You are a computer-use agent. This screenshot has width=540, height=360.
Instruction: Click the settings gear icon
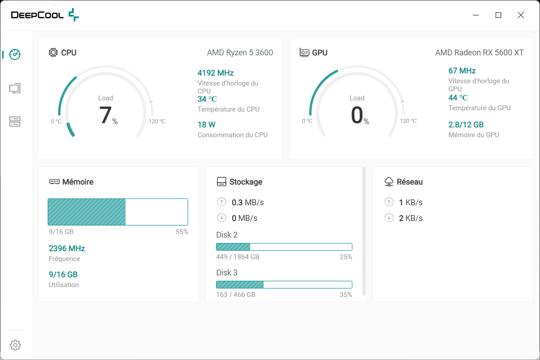(15, 345)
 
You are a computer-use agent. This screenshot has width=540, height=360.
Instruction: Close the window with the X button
(521, 15)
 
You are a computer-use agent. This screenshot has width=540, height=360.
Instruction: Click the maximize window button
(498, 15)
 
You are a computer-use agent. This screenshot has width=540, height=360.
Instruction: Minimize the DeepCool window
(476, 15)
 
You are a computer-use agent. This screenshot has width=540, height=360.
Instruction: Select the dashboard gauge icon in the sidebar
(15, 54)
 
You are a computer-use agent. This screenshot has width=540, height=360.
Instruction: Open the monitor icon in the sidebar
(15, 88)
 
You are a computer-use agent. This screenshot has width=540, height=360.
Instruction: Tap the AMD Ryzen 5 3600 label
(240, 53)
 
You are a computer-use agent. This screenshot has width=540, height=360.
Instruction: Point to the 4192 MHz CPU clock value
(216, 73)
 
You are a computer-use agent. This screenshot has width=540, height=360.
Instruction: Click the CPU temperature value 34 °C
(207, 99)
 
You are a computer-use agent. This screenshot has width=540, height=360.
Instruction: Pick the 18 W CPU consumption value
(207, 125)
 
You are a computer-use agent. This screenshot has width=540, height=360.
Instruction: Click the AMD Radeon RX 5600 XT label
(479, 53)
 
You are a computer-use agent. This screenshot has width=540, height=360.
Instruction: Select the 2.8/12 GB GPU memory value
(466, 125)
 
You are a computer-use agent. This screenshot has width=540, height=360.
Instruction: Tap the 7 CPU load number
(105, 115)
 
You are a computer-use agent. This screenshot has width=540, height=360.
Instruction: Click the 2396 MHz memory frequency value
(67, 248)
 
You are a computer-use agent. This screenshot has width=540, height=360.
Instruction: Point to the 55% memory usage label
(182, 232)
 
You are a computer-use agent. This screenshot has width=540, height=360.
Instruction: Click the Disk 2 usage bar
(284, 247)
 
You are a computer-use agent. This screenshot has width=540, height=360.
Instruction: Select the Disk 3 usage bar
(284, 284)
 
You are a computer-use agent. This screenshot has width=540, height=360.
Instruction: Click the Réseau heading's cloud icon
(389, 182)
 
